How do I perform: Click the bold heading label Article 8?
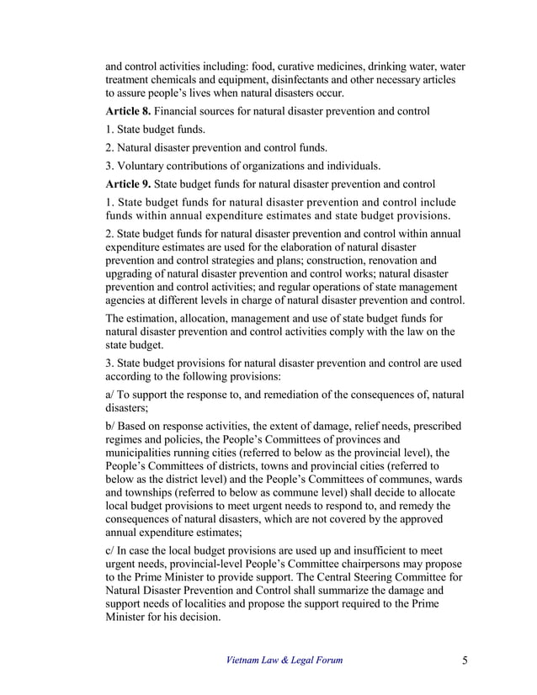pyautogui.click(x=128, y=111)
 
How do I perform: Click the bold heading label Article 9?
pyautogui.click(x=128, y=183)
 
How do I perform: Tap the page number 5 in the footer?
pyautogui.click(x=465, y=660)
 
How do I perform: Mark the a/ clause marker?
pyautogui.click(x=110, y=395)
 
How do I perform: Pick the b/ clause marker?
pyautogui.click(x=110, y=428)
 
